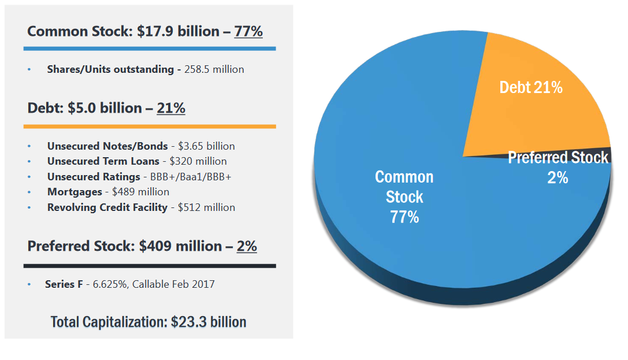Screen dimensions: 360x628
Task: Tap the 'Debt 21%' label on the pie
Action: [530, 87]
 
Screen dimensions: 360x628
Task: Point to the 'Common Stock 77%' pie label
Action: [404, 197]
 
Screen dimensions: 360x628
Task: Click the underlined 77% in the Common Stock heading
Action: [248, 31]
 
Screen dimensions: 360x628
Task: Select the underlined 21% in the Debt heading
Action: [171, 108]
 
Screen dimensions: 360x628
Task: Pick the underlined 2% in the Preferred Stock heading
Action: [247, 246]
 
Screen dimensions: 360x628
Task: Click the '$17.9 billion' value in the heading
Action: [180, 31]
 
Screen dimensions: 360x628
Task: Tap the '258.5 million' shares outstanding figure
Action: [214, 69]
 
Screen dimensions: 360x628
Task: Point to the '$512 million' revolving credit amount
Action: [206, 207]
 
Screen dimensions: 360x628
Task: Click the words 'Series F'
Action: [64, 284]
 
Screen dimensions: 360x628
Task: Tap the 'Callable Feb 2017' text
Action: [173, 284]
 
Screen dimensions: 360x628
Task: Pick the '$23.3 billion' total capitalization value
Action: [209, 322]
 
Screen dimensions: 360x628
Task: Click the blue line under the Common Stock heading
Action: [150, 49]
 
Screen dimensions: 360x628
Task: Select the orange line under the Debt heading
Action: [150, 126]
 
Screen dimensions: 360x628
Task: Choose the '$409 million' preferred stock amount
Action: [180, 246]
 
